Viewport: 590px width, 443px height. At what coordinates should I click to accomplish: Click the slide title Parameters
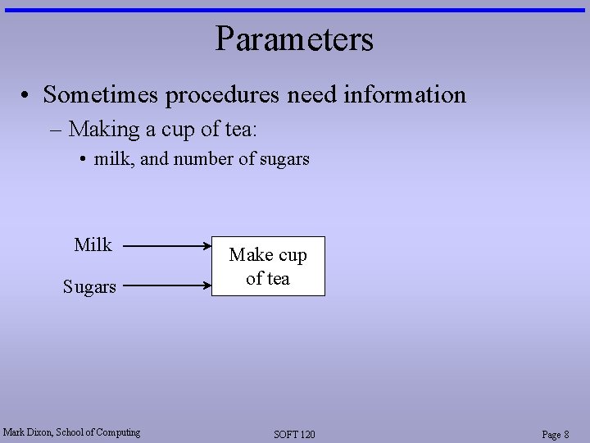point(294,39)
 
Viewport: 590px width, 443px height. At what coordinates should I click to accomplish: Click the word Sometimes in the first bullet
point(102,95)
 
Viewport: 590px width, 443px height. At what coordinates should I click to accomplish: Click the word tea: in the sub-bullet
point(242,130)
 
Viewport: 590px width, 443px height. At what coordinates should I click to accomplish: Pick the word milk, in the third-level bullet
point(115,159)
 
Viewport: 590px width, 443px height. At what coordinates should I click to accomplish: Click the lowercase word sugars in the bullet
point(285,159)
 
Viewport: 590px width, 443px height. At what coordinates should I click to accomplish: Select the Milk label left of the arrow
point(93,244)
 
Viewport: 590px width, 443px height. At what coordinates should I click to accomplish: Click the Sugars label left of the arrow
point(89,286)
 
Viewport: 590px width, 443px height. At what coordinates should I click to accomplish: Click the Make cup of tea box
point(268,267)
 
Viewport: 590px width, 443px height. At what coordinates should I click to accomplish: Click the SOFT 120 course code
point(294,434)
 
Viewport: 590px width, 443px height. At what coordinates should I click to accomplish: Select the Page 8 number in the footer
point(555,434)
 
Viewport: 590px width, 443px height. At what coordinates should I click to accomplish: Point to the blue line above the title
point(294,10)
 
